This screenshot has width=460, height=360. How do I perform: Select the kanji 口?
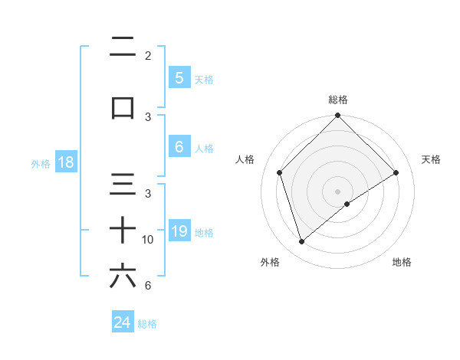click(x=123, y=108)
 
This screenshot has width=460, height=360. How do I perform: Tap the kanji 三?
click(x=123, y=184)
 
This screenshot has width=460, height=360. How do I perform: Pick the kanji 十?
click(x=123, y=230)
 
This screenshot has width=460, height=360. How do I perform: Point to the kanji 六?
click(x=123, y=276)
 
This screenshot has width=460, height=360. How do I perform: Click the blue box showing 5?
click(x=179, y=77)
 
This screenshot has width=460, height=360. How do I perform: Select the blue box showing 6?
click(x=179, y=148)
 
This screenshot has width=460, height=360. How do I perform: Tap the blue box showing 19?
click(x=179, y=231)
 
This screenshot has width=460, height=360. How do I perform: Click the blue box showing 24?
click(x=122, y=322)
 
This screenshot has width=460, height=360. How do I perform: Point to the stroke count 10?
click(x=148, y=240)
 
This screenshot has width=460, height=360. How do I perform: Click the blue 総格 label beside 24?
click(x=147, y=324)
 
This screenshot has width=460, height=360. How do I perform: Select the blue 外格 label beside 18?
click(x=40, y=163)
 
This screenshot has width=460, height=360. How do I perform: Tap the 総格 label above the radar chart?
click(x=337, y=100)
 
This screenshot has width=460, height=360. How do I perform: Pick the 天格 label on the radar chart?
click(x=431, y=159)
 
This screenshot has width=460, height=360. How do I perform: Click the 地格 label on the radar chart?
click(x=402, y=262)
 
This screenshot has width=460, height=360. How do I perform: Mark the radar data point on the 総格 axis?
click(x=337, y=116)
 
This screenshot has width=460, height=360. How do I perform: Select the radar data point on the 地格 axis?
click(x=347, y=204)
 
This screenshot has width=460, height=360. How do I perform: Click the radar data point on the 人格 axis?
click(x=280, y=172)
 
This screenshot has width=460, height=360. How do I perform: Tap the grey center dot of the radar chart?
click(x=337, y=191)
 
